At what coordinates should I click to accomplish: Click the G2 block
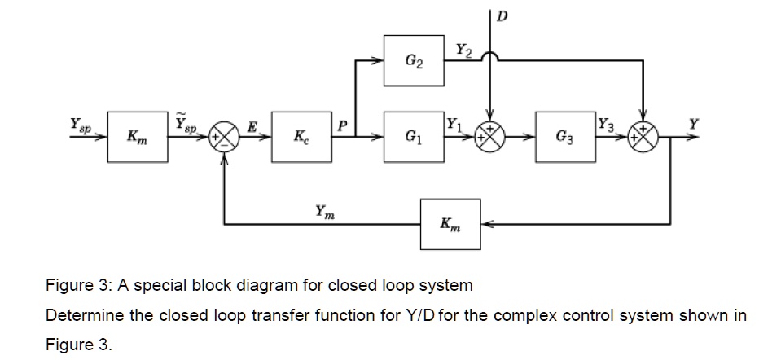pos(414,59)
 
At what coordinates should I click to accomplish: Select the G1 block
pos(414,136)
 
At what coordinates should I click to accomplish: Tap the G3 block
pos(564,136)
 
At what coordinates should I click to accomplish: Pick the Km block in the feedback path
pos(450,223)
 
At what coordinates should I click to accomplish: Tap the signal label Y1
pos(454,125)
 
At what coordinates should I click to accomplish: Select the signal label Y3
pos(605,125)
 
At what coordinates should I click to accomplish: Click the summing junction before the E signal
pos(223,136)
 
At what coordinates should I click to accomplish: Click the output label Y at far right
pos(693,124)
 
